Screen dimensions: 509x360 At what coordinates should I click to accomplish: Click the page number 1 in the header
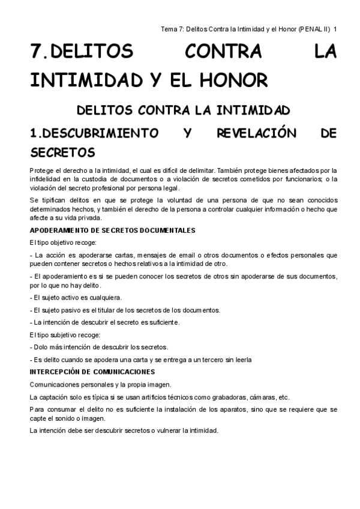[x=335, y=28]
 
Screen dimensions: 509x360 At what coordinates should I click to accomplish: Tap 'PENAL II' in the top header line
[x=314, y=28]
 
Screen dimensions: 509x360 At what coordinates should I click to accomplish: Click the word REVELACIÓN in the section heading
[x=257, y=133]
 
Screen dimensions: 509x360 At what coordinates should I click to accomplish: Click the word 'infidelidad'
[x=46, y=178]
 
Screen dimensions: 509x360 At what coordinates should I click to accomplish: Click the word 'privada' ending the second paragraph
[x=88, y=218]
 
